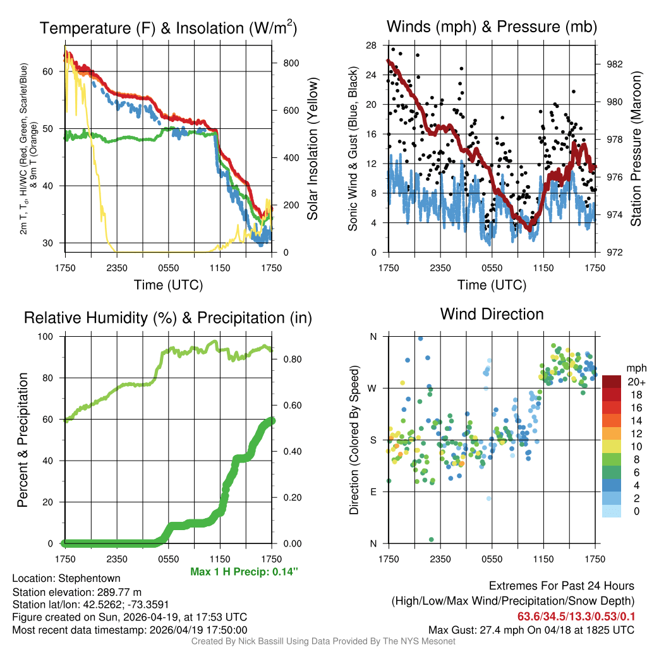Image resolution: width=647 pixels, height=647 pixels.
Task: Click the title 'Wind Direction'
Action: pos(492,314)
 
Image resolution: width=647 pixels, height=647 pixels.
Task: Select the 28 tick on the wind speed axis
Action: pos(372,45)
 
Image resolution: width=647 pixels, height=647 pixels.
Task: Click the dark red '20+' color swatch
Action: pos(612,381)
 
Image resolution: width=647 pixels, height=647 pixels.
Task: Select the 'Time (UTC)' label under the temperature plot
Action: pos(168,285)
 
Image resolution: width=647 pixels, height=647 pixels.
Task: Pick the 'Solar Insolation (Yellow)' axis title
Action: pos(313,149)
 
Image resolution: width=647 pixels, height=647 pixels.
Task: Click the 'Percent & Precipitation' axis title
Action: pos(22,440)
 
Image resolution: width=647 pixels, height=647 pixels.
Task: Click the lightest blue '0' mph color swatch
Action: pos(612,512)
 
